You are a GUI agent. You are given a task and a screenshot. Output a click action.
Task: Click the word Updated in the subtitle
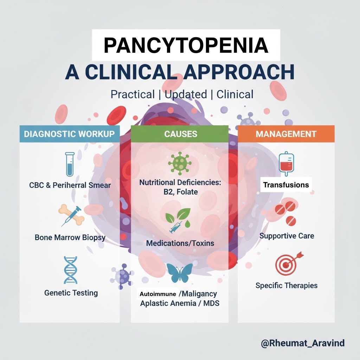point(186,95)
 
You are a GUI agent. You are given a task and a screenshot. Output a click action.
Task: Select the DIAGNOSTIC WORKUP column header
point(69,134)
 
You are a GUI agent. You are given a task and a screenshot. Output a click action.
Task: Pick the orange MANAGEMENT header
point(286,134)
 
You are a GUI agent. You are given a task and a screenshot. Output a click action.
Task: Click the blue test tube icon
point(69,163)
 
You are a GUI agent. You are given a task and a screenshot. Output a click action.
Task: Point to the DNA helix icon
point(70,270)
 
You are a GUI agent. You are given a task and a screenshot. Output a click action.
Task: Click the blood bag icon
point(286,164)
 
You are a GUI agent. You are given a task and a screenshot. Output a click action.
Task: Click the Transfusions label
point(286,185)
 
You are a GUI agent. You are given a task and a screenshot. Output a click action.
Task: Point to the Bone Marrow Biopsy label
point(70,238)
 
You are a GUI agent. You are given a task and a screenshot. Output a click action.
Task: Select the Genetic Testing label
point(71,292)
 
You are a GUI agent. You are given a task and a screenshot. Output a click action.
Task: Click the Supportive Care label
point(287,236)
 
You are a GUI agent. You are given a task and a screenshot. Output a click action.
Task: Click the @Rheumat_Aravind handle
point(303,343)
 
